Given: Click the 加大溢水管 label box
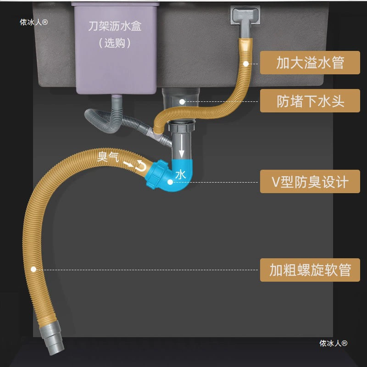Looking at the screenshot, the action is pyautogui.click(x=310, y=62).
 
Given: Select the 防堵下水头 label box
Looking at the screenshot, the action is pyautogui.click(x=310, y=100).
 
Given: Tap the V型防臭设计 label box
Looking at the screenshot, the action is pyautogui.click(x=310, y=181).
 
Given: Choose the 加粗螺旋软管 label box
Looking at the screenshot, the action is pyautogui.click(x=310, y=270).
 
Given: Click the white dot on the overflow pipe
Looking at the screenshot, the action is pyautogui.click(x=246, y=63).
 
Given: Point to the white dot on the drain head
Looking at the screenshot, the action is pyautogui.click(x=182, y=101).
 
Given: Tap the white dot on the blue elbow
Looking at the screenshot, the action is pyautogui.click(x=170, y=182).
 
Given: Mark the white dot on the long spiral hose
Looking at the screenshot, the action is pyautogui.click(x=33, y=269).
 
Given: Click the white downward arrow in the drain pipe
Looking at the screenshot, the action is pyautogui.click(x=181, y=146).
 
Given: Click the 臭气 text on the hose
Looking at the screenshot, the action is pyautogui.click(x=108, y=157).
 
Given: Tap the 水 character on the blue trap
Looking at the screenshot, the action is pyautogui.click(x=180, y=175).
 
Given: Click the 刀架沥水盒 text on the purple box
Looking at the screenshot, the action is pyautogui.click(x=115, y=26).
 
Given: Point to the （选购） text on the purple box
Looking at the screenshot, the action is pyautogui.click(x=115, y=43).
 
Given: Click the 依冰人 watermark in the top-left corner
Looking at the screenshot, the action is pyautogui.click(x=33, y=22).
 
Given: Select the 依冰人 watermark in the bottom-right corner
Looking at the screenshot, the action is pyautogui.click(x=334, y=343).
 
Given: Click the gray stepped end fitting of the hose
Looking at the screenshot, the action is pyautogui.click(x=52, y=337).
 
